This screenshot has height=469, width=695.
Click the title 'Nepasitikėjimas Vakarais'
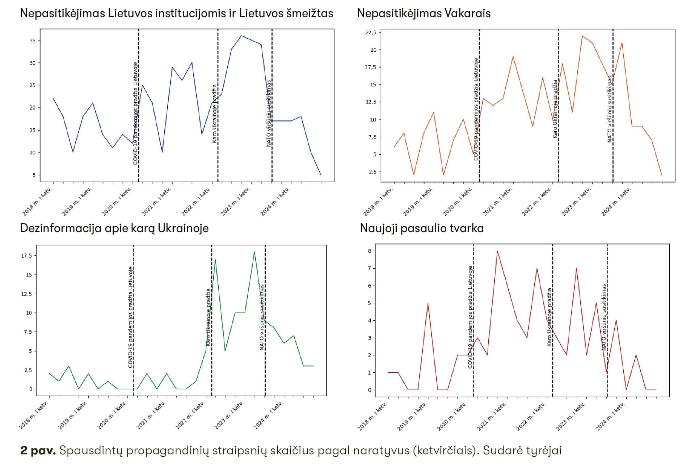click(424, 13)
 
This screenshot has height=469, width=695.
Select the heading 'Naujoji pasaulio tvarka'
click(422, 228)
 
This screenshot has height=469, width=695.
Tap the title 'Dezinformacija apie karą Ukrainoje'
click(114, 228)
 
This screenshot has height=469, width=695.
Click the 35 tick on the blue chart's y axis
click(33, 40)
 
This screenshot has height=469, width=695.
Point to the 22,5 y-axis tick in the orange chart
click(371, 33)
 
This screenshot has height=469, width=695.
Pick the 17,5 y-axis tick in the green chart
click(26, 256)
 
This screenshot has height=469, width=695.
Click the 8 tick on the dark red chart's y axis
click(370, 251)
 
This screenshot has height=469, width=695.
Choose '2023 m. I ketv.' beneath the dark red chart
click(570, 417)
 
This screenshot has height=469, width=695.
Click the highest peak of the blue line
click(241, 36)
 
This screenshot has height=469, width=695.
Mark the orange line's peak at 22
click(582, 36)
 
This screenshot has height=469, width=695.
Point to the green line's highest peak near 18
click(254, 252)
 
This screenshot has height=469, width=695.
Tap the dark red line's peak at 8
click(497, 251)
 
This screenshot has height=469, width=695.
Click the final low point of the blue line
click(321, 175)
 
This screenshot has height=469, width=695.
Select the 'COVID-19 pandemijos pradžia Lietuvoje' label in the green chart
click(131, 317)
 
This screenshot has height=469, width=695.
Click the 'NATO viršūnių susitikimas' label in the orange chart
click(610, 109)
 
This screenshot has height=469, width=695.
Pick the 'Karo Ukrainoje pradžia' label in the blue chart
click(214, 114)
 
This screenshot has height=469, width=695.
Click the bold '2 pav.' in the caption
click(38, 451)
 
